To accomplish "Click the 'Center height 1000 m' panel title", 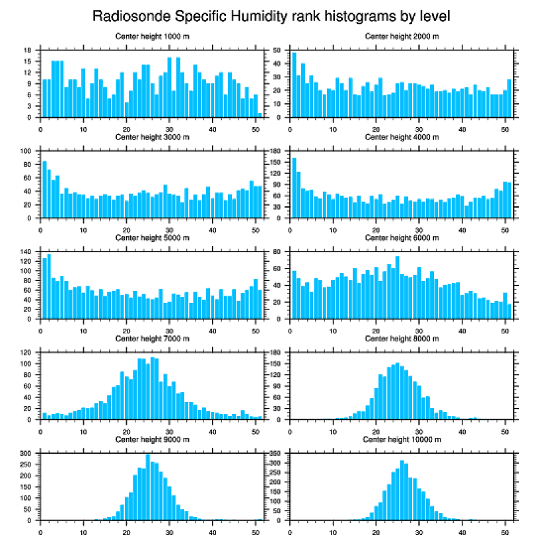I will coord(153,36).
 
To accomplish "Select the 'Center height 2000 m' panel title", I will coord(402,36).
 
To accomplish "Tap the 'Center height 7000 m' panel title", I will coord(153,339).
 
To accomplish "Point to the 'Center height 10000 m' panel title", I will coord(402,439).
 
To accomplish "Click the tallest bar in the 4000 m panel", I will coord(294,188).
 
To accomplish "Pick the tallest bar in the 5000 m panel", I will coord(49,286).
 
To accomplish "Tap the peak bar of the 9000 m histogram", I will coord(148,487).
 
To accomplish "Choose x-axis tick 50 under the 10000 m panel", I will coord(505,530).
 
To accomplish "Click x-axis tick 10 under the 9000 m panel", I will coord(83,530).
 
